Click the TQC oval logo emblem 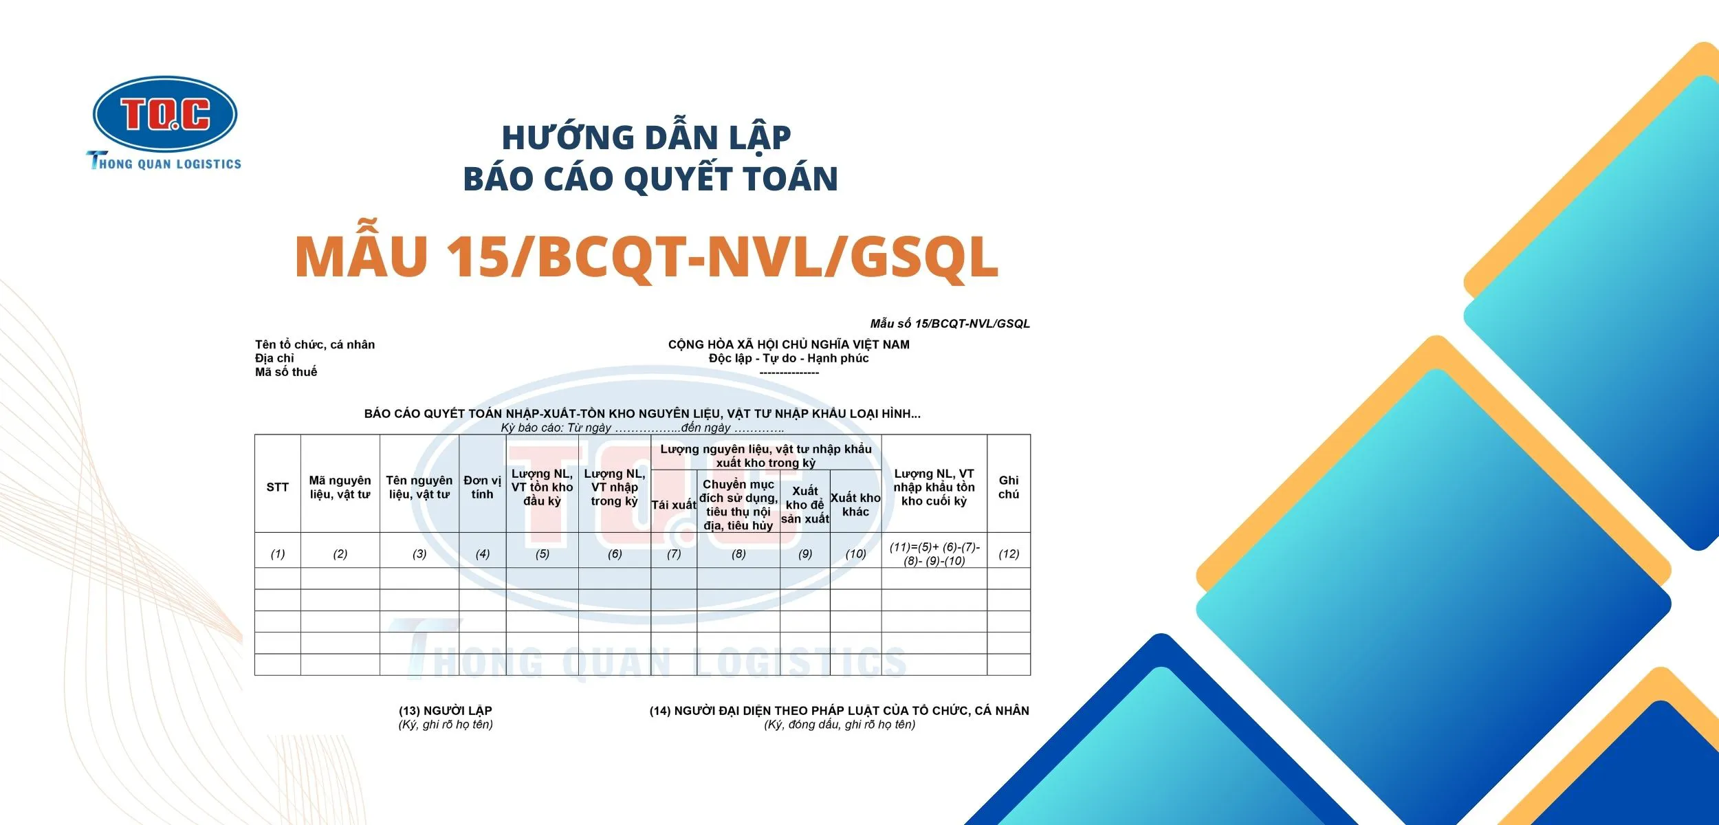click(x=165, y=113)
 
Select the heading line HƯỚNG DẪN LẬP click(x=646, y=137)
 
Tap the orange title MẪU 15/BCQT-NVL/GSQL click(x=646, y=256)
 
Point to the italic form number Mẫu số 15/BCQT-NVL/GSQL click(x=950, y=324)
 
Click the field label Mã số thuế click(x=286, y=372)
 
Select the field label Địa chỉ click(x=274, y=358)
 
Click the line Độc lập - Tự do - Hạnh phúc click(x=789, y=358)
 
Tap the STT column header click(x=277, y=487)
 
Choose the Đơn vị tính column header click(x=482, y=487)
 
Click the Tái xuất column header click(x=674, y=505)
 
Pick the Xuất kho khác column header click(x=855, y=505)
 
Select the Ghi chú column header click(x=1009, y=487)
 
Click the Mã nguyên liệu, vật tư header click(x=340, y=487)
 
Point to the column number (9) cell click(x=805, y=553)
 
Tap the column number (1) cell click(x=277, y=553)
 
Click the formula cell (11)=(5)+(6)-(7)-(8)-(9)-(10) click(x=934, y=553)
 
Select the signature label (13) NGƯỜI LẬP click(x=446, y=710)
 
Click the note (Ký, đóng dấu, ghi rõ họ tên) click(x=840, y=724)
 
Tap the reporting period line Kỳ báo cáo click(x=642, y=428)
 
